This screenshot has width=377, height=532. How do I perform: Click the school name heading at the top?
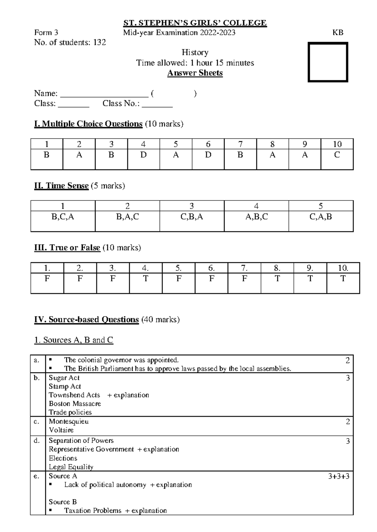[x=195, y=23]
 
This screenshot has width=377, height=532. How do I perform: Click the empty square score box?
[x=328, y=62]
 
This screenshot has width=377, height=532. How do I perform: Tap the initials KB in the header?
[x=338, y=32]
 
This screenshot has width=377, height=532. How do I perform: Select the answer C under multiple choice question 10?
[x=337, y=155]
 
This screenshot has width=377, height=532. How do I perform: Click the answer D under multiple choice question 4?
[x=143, y=155]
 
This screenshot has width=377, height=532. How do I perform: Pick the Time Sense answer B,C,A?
[x=63, y=217]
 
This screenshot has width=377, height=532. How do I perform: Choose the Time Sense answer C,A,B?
[x=320, y=217]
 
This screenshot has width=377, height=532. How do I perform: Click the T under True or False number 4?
[x=145, y=279]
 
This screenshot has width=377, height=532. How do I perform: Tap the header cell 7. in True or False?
[x=244, y=268]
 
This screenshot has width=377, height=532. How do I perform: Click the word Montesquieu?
[x=68, y=421]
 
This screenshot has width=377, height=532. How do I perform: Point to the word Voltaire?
[x=61, y=430]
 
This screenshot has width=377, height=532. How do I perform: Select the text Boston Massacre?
[x=75, y=404]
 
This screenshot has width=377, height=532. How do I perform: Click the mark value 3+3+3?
[x=339, y=476]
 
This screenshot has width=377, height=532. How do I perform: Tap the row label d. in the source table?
[x=37, y=441]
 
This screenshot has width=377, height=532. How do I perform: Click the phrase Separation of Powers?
[x=81, y=441]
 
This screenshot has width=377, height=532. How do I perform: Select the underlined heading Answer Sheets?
[x=195, y=73]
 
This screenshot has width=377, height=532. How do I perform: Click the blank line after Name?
[x=104, y=94]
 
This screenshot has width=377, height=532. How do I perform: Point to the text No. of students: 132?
[x=70, y=42]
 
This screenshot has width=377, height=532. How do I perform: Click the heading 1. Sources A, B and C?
[x=74, y=340]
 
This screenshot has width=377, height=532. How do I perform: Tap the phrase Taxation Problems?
[x=93, y=511]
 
